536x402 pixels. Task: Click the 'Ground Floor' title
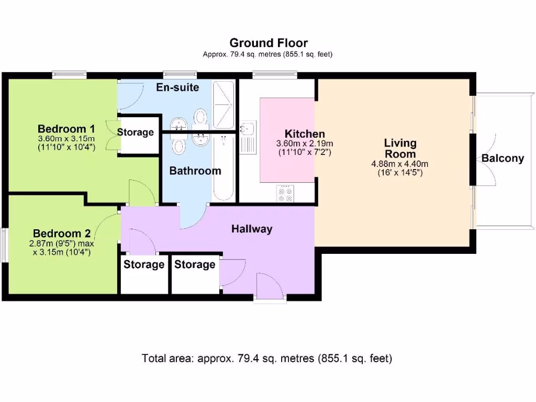(269, 43)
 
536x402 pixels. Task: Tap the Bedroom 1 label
(66, 129)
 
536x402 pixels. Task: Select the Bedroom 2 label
(62, 233)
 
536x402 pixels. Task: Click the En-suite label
(177, 87)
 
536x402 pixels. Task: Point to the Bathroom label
(195, 171)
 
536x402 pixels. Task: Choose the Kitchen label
(305, 134)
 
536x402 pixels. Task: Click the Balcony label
(502, 158)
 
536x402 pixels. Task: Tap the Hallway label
(252, 229)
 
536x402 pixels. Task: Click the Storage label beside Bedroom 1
(135, 132)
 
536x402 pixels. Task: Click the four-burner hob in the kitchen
(285, 194)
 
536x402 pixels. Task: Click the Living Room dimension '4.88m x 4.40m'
(400, 164)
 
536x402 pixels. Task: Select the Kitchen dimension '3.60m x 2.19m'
(305, 143)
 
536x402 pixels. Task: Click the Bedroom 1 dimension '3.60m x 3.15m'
(66, 139)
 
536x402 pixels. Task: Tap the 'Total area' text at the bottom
(267, 359)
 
